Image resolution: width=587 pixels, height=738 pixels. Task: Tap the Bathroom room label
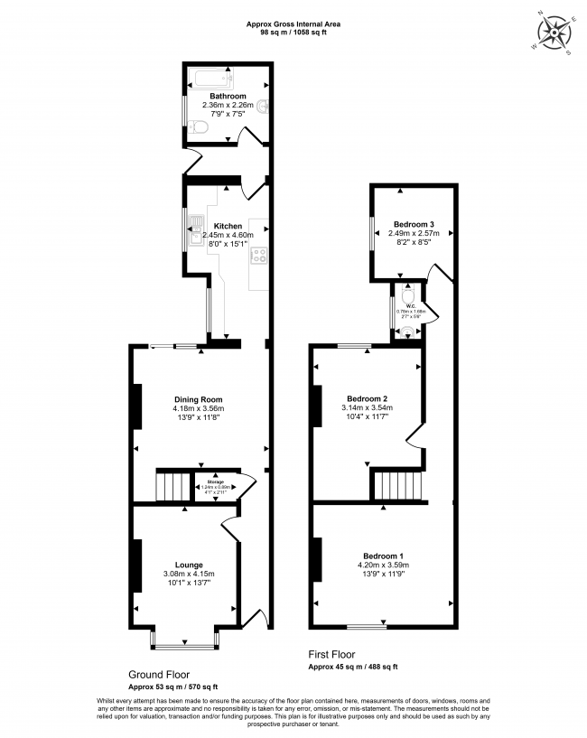(x=228, y=96)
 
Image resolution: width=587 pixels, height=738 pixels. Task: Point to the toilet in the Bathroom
(x=202, y=133)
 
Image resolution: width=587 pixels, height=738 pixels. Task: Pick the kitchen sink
(x=196, y=229)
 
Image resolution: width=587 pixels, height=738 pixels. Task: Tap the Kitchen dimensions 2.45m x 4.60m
(x=228, y=235)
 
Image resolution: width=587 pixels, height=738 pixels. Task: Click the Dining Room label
(x=199, y=399)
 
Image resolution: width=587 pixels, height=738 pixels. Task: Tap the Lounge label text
(x=189, y=565)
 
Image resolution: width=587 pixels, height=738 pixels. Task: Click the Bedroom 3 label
(x=414, y=224)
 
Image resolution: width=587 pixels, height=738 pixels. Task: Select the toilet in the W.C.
(x=408, y=295)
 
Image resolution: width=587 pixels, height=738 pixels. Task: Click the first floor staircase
(x=397, y=488)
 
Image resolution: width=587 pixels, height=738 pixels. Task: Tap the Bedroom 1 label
(x=383, y=556)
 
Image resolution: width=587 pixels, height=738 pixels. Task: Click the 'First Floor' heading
(x=332, y=655)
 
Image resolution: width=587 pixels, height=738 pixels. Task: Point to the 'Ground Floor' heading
(x=158, y=674)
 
